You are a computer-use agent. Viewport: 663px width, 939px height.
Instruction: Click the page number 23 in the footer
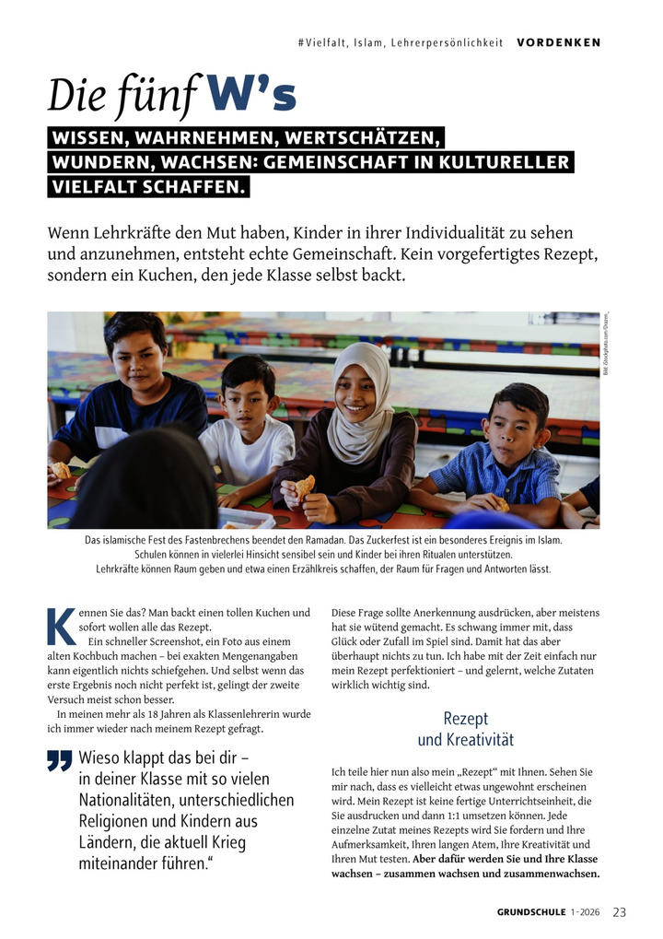tap(619, 912)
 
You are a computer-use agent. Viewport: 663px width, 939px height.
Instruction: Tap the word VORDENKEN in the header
tap(558, 42)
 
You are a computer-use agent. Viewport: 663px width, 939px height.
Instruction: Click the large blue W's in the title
tap(250, 95)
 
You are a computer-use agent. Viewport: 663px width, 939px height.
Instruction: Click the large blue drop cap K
tap(61, 626)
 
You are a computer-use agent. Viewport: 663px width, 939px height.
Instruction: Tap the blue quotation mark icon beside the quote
tap(60, 760)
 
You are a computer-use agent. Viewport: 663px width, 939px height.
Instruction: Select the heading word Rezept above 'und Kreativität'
tap(465, 718)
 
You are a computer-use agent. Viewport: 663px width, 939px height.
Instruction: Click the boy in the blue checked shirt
tap(509, 452)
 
